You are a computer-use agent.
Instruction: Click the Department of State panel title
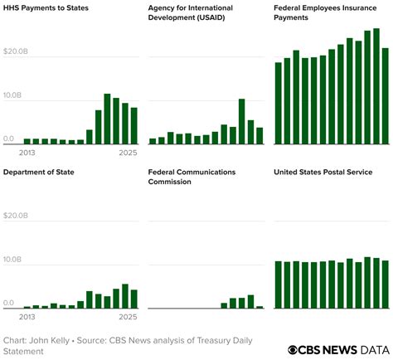click(x=40, y=172)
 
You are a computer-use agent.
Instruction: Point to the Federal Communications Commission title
click(x=192, y=177)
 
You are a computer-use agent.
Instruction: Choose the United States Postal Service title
click(x=323, y=172)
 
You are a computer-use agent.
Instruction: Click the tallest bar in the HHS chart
click(x=108, y=119)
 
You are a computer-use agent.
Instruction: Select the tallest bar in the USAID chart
click(x=241, y=121)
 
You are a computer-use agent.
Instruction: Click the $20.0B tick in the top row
click(x=16, y=51)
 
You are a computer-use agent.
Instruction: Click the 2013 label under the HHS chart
click(x=27, y=153)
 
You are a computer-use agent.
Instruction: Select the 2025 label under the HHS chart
click(x=127, y=153)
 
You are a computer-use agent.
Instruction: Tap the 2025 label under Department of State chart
click(x=127, y=317)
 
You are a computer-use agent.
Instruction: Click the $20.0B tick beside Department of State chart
click(x=16, y=216)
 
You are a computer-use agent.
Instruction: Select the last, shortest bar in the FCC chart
click(x=260, y=307)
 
